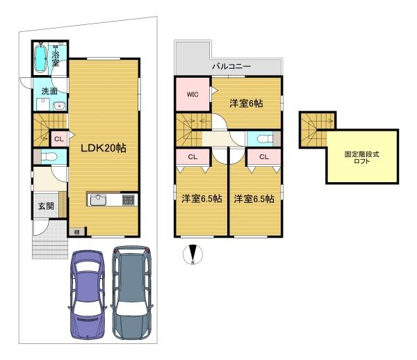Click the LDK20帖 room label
[x=103, y=148]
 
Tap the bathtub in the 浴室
[x=41, y=58]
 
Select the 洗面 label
[x=49, y=91]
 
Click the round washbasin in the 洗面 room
[x=60, y=106]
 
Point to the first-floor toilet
[x=49, y=157]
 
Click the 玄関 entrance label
[x=46, y=206]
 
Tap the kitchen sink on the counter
[x=98, y=199]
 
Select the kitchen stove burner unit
[x=128, y=200]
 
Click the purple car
[x=88, y=295]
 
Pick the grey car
[x=131, y=293]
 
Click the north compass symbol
[x=193, y=254]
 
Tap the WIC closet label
[x=193, y=95]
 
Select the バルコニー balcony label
[x=231, y=66]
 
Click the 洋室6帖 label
[x=246, y=103]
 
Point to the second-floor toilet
[x=265, y=138]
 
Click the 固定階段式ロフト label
[x=361, y=157]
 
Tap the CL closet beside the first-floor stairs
[x=59, y=139]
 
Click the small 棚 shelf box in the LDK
[x=77, y=232]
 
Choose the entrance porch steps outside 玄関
[x=50, y=248]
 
